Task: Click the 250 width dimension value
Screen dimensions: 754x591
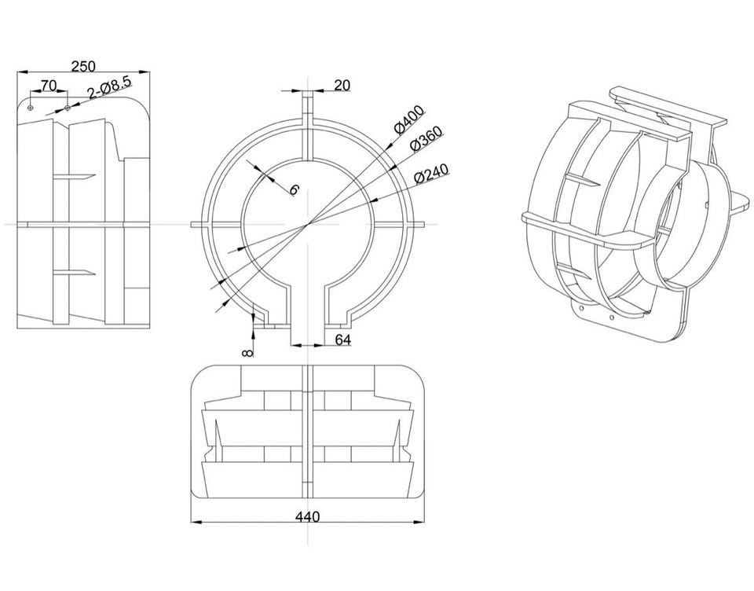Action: (83, 65)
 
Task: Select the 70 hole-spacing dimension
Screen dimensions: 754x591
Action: (48, 85)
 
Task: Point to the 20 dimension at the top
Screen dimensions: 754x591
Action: (342, 85)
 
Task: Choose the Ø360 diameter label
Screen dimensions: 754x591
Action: (426, 138)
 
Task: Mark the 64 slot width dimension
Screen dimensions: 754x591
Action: (342, 340)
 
